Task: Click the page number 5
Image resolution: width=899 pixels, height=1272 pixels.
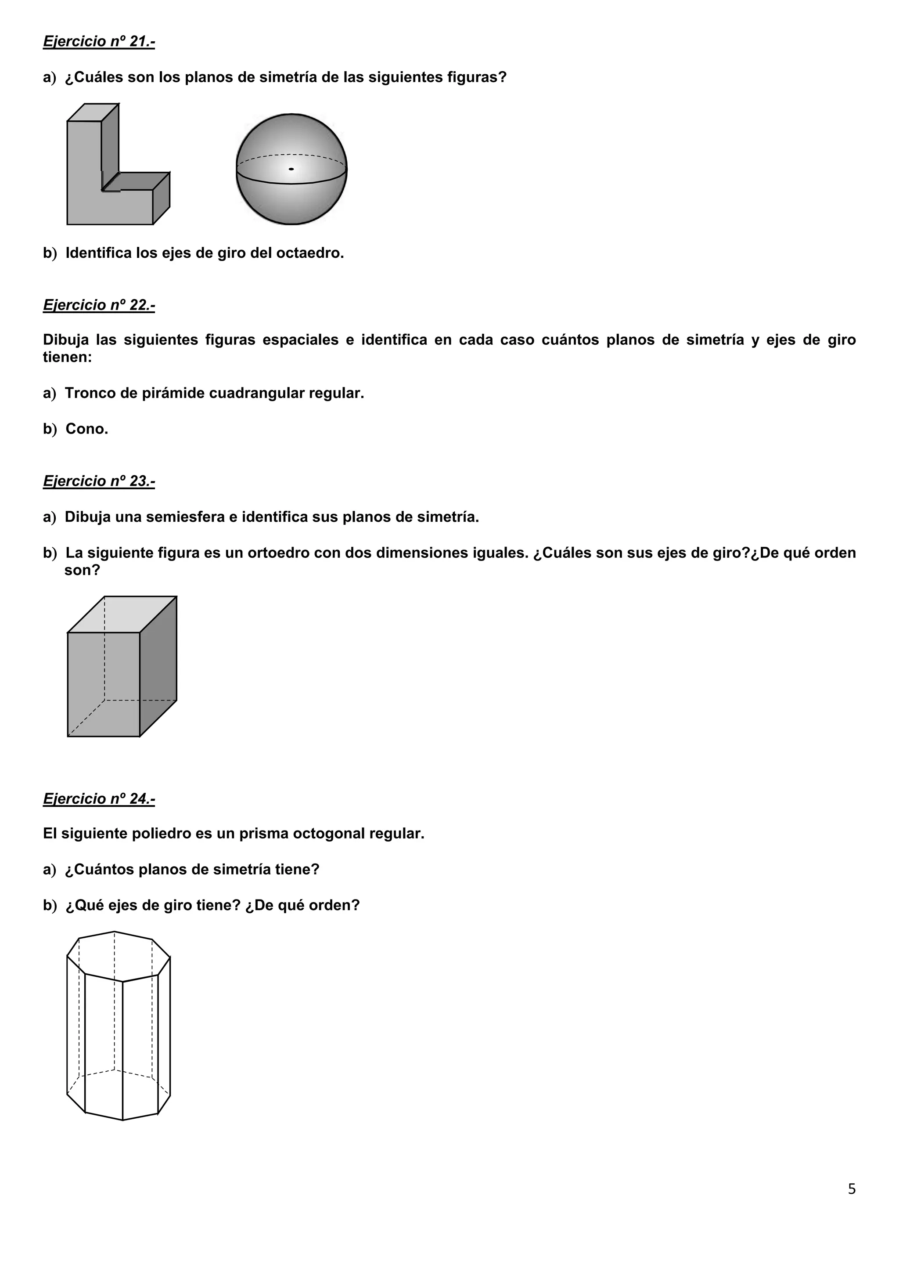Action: point(852,1189)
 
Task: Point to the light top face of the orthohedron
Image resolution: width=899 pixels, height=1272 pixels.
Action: point(122,614)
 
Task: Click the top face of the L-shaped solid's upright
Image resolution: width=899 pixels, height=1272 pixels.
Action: point(93,112)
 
